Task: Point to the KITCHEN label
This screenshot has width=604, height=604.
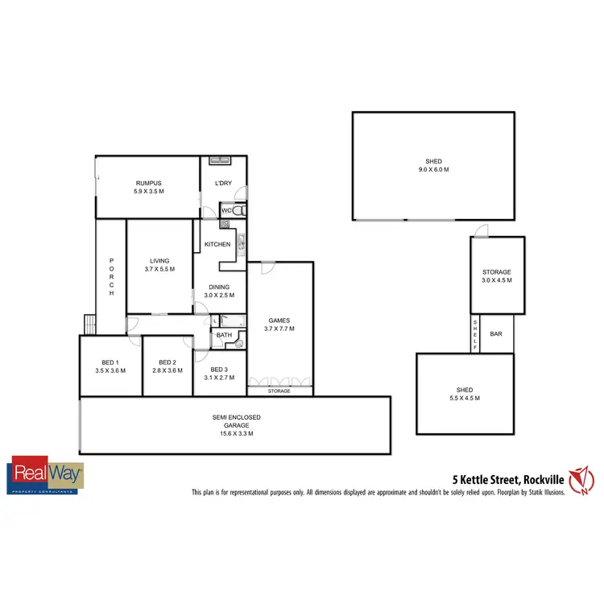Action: click(x=217, y=244)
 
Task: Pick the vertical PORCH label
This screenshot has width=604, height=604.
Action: click(x=111, y=276)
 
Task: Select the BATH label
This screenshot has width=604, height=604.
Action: click(x=224, y=335)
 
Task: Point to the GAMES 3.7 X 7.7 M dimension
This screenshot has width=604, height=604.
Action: click(x=279, y=329)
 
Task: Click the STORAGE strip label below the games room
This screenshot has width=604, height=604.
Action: click(x=279, y=391)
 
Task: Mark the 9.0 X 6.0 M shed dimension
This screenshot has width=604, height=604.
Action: click(x=433, y=170)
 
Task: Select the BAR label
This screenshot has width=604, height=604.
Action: click(x=497, y=333)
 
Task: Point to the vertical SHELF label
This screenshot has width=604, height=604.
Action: click(x=475, y=333)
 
